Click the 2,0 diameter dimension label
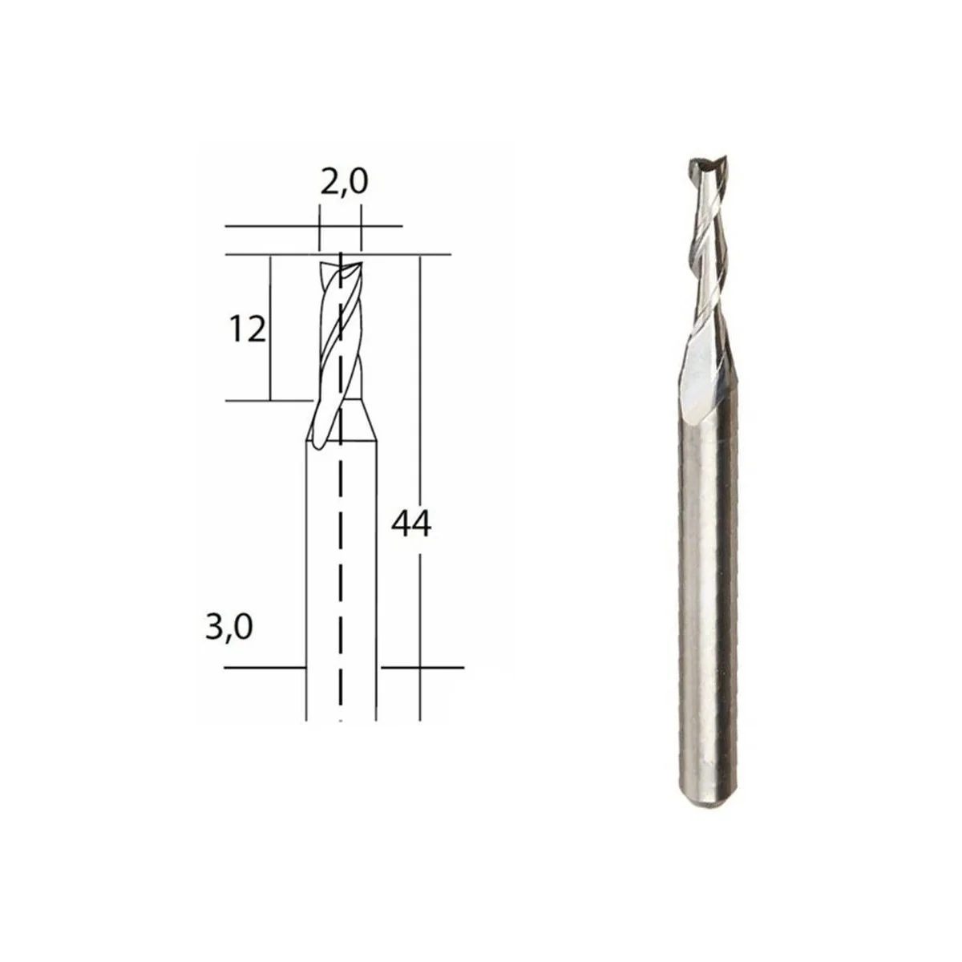pyautogui.click(x=344, y=183)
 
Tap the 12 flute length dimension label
pyautogui.click(x=248, y=329)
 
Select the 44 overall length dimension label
pyautogui.click(x=412, y=524)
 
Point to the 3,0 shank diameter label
pyautogui.click(x=228, y=627)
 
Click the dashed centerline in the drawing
pyautogui.click(x=342, y=561)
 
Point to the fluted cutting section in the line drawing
pyautogui.click(x=340, y=337)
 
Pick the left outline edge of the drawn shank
pyautogui.click(x=306, y=577)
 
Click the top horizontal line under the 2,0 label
pyautogui.click(x=313, y=227)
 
